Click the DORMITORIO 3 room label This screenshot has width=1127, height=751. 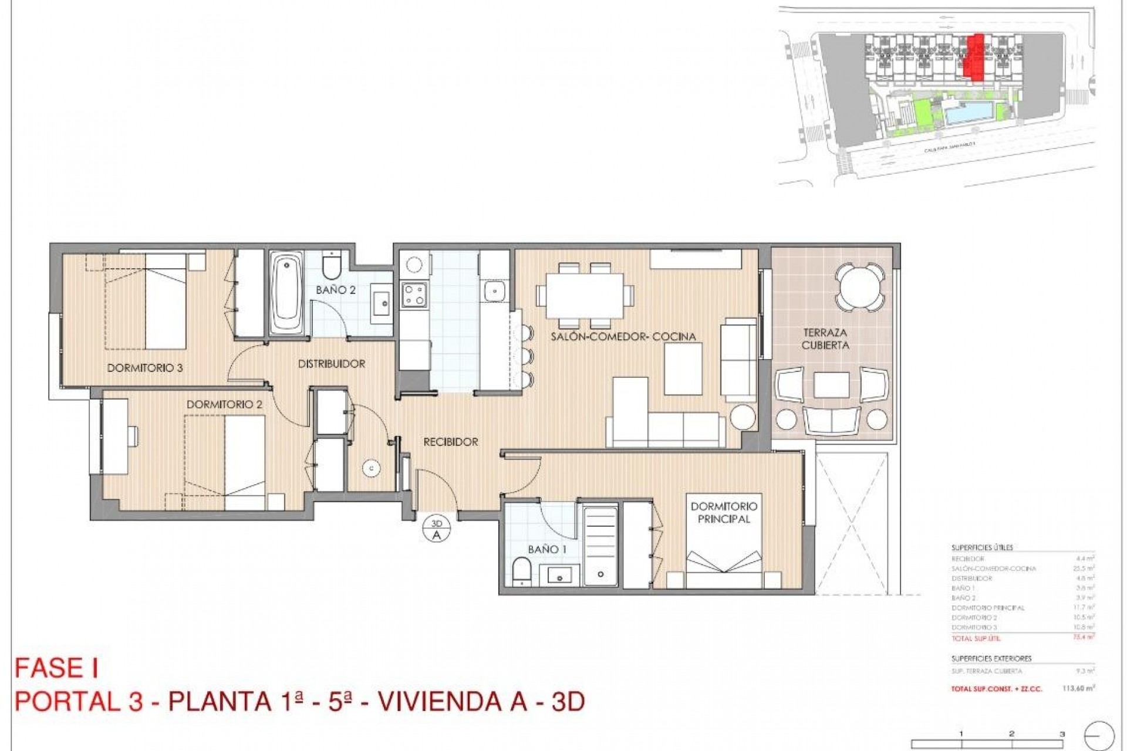pos(145,368)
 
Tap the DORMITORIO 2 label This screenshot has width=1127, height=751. pos(224,405)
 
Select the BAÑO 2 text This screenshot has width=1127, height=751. pos(336,290)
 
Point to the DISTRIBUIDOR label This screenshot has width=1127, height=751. pos(332,364)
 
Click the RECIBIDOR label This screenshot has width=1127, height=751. pos(451,442)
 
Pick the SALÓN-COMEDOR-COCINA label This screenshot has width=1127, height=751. pos(623,337)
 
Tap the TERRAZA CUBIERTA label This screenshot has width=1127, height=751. pos(825,339)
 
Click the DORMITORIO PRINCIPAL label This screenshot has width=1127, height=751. pos(724,512)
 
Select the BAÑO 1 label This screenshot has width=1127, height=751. pos(543,550)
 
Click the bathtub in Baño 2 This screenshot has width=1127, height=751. pos(287,293)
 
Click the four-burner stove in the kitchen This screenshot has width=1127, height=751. pos(413,294)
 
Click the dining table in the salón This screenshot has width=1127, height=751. pos(585,296)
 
